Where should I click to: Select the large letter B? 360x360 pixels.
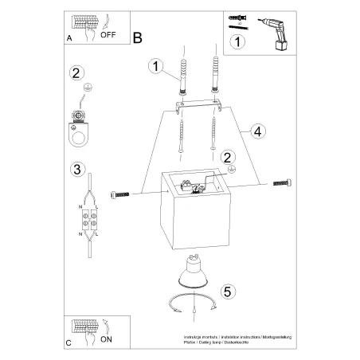(138, 37)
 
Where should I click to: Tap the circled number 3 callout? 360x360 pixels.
(77, 169)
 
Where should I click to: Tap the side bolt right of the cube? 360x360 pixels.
(281, 182)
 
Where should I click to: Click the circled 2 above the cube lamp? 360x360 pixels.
(228, 158)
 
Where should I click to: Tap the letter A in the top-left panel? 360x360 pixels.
(70, 37)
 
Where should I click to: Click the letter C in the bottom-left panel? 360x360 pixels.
(70, 342)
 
